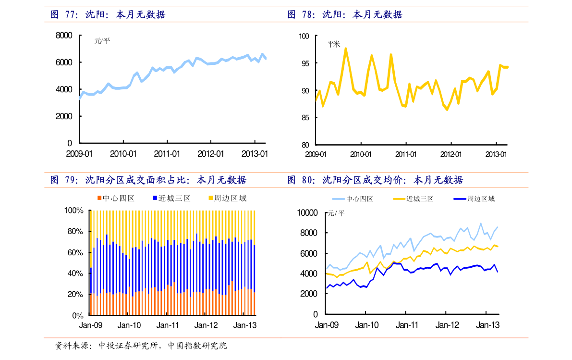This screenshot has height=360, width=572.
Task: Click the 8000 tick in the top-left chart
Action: [64, 36]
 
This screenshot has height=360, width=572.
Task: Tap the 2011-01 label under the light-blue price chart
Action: [167, 154]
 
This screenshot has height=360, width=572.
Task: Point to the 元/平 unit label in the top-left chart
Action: [102, 41]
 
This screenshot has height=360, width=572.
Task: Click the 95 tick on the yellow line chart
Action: [304, 63]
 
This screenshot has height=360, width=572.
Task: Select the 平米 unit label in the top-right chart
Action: [333, 44]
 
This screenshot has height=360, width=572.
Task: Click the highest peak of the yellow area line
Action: [346, 48]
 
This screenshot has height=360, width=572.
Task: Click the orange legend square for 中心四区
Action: [99, 198]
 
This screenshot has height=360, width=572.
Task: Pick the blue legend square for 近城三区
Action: [155, 198]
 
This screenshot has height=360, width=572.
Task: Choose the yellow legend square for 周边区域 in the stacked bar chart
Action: [210, 198]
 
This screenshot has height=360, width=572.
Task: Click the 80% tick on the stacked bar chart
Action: [74, 232]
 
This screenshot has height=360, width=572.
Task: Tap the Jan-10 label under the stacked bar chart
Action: [129, 325]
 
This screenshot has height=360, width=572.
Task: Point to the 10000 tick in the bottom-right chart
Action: [307, 212]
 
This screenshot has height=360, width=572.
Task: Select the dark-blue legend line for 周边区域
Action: [460, 199]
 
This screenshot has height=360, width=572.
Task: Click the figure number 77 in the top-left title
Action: [72, 15]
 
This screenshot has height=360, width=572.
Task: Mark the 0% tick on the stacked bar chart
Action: [78, 316]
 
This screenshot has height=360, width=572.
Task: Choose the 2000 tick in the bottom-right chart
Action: [309, 294]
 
